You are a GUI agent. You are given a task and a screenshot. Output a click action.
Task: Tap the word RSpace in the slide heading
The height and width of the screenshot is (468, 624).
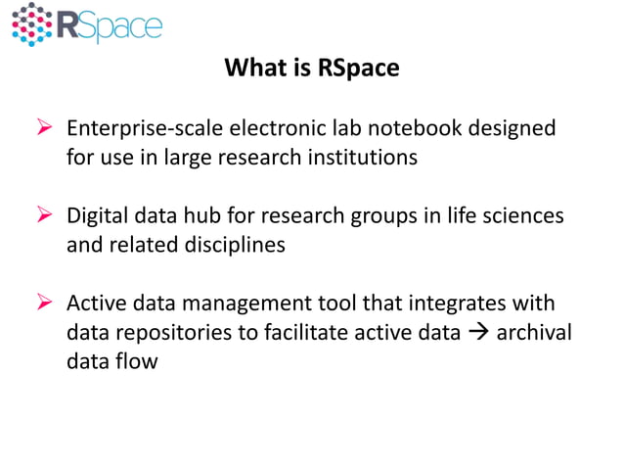360,70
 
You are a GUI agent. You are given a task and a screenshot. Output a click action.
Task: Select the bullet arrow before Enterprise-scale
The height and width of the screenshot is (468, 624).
43,129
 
